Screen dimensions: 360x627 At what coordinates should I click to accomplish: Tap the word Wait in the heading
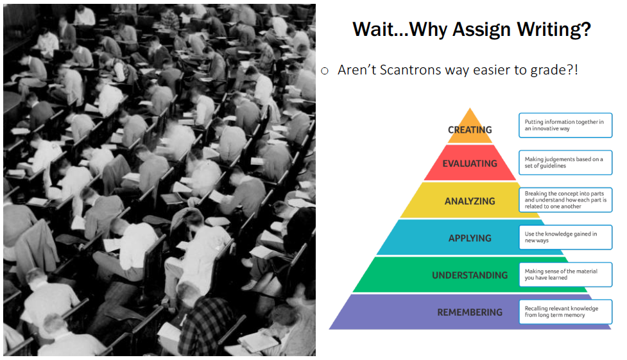tap(374, 30)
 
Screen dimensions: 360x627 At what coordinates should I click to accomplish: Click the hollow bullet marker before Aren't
tap(325, 71)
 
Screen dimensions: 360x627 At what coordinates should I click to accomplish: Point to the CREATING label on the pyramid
tap(470, 130)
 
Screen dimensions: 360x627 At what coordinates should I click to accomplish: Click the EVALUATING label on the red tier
tap(470, 164)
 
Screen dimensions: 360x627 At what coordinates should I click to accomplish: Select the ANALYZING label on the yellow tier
tap(470, 201)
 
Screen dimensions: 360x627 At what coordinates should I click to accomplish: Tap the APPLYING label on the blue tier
tap(470, 238)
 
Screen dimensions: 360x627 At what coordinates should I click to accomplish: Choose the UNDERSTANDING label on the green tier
tap(470, 275)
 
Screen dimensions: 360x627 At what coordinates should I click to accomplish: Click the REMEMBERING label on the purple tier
tap(470, 313)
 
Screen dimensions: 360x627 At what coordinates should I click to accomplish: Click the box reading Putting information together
tap(565, 125)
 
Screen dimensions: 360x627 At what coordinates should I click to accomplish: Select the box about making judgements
tap(565, 162)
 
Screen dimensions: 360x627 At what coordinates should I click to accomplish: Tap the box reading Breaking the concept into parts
tap(565, 200)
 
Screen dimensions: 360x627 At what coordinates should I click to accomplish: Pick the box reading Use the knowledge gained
tap(565, 237)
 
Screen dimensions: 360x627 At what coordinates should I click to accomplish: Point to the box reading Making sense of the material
tap(565, 275)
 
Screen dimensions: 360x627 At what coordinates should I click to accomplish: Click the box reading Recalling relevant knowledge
tap(565, 312)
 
